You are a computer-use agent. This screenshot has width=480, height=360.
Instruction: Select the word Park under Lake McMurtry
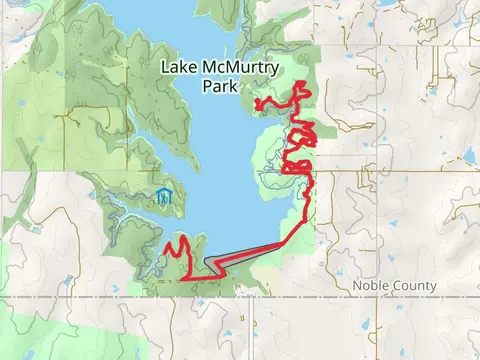219,87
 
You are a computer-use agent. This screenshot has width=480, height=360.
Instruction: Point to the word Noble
371,286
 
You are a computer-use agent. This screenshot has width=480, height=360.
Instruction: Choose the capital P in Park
207,87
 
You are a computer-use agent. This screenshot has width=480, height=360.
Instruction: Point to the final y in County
433,287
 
